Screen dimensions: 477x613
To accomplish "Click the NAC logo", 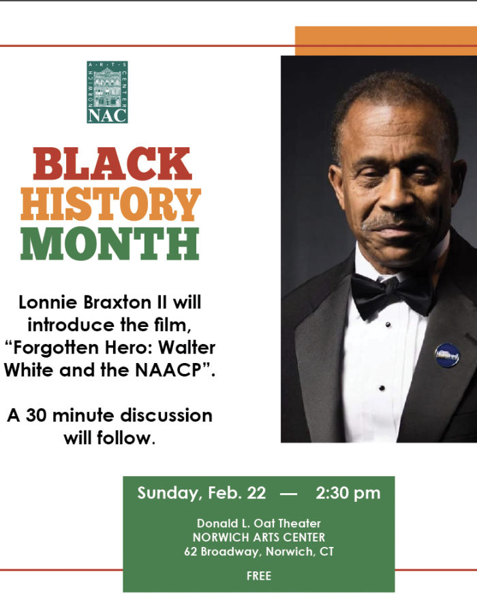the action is click(107, 92).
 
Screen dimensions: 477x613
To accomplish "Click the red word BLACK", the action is click(112, 164).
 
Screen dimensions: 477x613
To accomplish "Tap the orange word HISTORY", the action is click(110, 204).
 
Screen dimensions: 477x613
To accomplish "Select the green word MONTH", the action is click(110, 243).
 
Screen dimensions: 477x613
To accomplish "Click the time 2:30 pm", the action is click(348, 493).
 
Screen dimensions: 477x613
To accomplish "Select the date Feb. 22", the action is click(237, 493).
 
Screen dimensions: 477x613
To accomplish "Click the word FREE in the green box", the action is click(259, 576).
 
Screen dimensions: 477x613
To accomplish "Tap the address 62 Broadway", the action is click(222, 552).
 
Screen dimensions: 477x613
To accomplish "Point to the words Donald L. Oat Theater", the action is click(259, 523).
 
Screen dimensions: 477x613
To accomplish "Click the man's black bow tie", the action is click(392, 294).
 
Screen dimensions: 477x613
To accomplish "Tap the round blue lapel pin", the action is click(447, 355).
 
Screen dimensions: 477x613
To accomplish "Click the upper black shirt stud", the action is click(388, 325).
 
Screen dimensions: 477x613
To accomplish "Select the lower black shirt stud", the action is click(382, 388).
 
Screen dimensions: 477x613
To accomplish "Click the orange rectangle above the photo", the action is click(386, 41).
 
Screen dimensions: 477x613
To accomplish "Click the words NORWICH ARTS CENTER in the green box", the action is click(259, 537).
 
